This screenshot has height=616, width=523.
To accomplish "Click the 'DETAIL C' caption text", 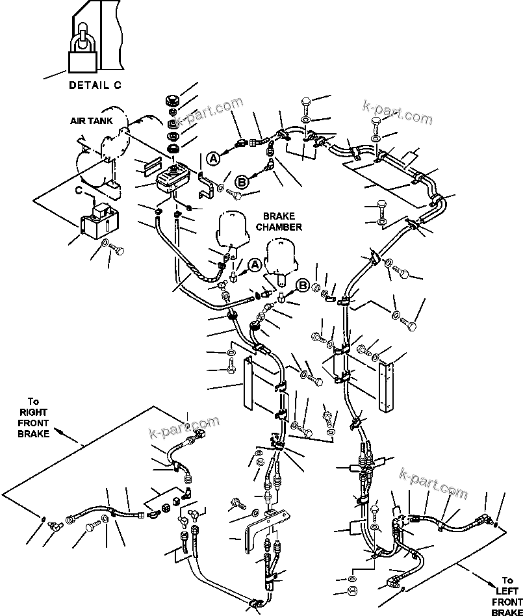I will (95, 85).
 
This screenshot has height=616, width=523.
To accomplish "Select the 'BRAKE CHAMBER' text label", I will (279, 222).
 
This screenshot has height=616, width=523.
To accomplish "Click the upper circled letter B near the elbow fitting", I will (242, 183).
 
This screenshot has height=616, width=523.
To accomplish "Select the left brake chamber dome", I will (233, 230).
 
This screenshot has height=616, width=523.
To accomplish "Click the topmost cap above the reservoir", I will (172, 101).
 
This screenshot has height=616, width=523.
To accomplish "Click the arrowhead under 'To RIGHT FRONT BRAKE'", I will (57, 431).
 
